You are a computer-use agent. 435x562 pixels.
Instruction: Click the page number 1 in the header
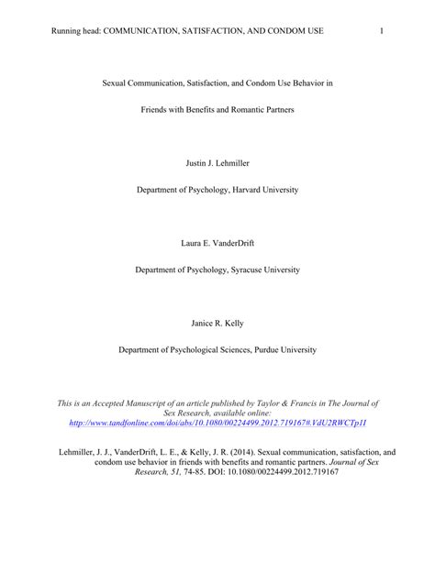click(x=380, y=31)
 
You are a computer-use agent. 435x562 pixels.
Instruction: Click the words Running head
click(x=77, y=31)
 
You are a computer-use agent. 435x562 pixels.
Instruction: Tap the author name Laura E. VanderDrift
click(x=217, y=245)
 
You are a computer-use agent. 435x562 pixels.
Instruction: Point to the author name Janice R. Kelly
click(x=217, y=324)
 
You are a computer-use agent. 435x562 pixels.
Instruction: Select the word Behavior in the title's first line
click(x=307, y=83)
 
